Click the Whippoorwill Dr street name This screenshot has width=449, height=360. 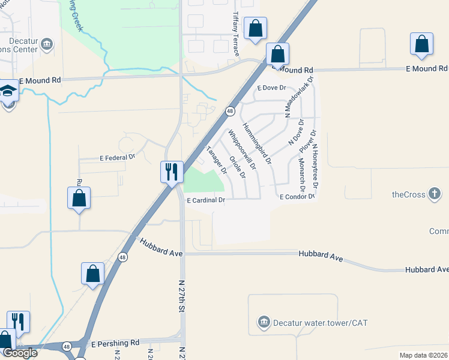point(241,149)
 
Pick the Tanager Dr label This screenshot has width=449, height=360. point(216,160)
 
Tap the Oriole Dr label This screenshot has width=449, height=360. point(238,167)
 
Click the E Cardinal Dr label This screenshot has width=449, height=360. point(205,200)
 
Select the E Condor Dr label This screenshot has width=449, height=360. point(297,196)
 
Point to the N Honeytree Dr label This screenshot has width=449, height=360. point(314,167)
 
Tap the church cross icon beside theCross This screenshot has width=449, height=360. point(435,194)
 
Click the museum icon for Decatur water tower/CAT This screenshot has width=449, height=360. point(263,323)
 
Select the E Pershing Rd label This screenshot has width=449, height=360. point(115,343)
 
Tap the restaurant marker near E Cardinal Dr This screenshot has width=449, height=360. point(171,172)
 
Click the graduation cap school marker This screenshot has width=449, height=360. point(9,91)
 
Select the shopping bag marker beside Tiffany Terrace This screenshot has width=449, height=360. point(255,28)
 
